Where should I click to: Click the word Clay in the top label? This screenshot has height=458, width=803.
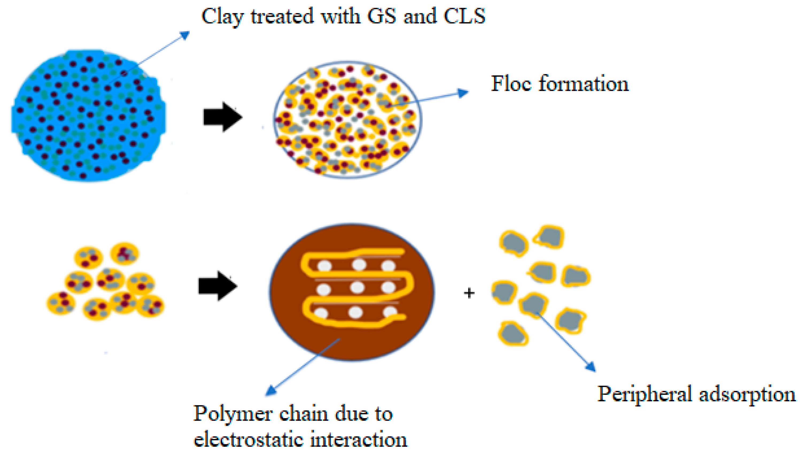pos(222,16)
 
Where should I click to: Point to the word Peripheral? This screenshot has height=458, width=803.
pos(643,394)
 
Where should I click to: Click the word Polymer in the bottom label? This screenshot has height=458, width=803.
pos(232,414)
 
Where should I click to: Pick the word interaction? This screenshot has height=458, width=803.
pos(359,440)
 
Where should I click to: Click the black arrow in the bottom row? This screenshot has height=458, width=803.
pos(218,286)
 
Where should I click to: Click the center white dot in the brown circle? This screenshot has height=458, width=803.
pos(357,287)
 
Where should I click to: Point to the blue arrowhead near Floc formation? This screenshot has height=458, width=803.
pos(463,93)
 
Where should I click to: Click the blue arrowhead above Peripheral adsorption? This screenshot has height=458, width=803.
pos(591,367)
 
